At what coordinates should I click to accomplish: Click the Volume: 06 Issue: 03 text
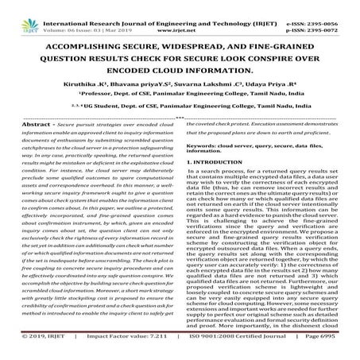[x=77, y=14]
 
